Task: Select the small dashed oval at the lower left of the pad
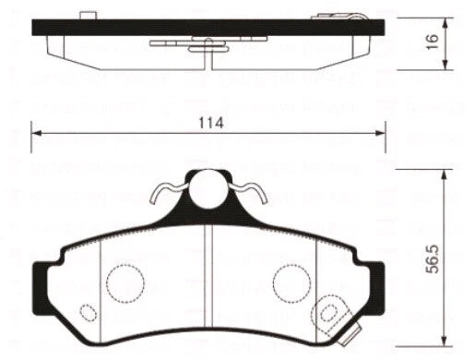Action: tap(88, 311)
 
